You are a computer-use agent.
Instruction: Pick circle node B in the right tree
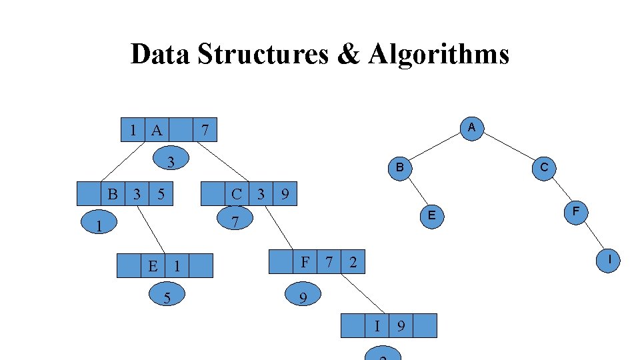click(x=399, y=167)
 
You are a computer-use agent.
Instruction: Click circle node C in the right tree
click(x=544, y=167)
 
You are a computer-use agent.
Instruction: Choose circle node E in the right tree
click(x=432, y=215)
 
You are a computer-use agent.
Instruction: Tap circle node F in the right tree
click(x=576, y=211)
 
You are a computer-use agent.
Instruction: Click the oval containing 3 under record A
click(x=171, y=161)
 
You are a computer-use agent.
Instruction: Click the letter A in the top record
click(x=157, y=130)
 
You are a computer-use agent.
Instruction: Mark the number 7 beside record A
click(x=206, y=130)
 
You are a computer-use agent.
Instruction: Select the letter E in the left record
click(x=153, y=266)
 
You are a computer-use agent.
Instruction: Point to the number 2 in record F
click(x=353, y=263)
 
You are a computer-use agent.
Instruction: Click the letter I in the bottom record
click(x=377, y=326)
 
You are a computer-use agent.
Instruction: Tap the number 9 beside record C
click(x=285, y=195)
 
